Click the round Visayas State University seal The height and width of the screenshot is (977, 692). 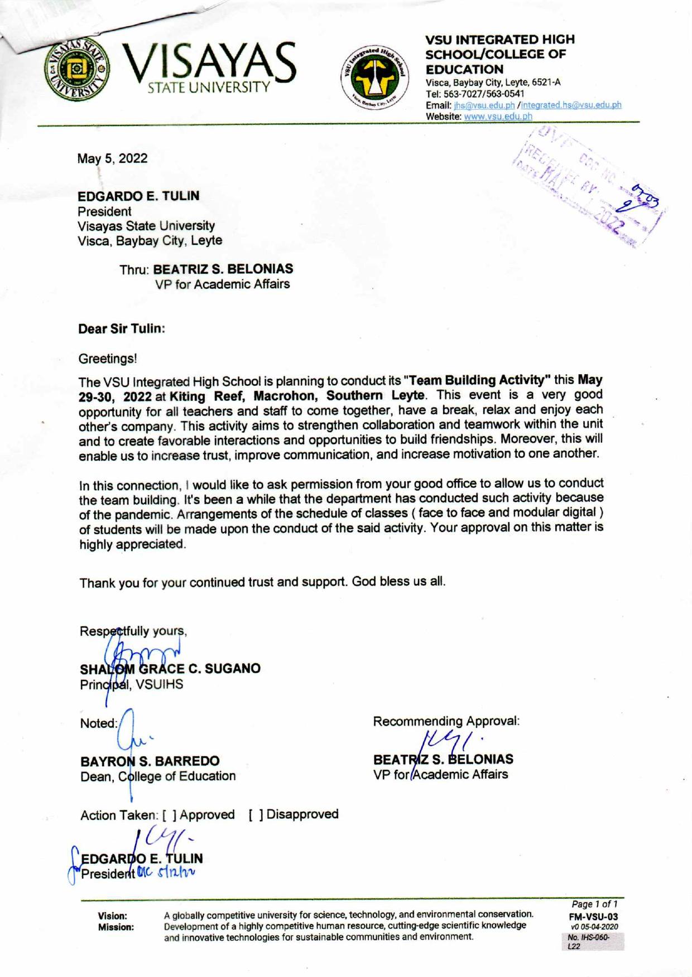pyautogui.click(x=78, y=69)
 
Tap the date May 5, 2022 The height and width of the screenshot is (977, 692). pyautogui.click(x=113, y=158)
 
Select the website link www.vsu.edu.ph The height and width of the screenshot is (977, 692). pyautogui.click(x=498, y=117)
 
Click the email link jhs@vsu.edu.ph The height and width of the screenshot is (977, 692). pyautogui.click(x=484, y=105)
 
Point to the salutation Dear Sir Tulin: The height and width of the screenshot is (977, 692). pyautogui.click(x=122, y=328)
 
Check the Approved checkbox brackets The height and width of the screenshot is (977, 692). pyautogui.click(x=170, y=815)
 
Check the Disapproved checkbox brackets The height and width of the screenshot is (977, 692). pyautogui.click(x=256, y=815)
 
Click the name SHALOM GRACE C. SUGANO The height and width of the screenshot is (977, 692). pyautogui.click(x=170, y=669)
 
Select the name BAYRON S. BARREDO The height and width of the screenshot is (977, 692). pyautogui.click(x=150, y=761)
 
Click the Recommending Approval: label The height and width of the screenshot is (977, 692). pyautogui.click(x=446, y=721)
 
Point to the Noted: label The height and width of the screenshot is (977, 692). pyautogui.click(x=99, y=723)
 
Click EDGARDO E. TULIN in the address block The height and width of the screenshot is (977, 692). pyautogui.click(x=138, y=196)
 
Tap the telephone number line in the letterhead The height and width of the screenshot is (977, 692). pyautogui.click(x=475, y=94)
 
